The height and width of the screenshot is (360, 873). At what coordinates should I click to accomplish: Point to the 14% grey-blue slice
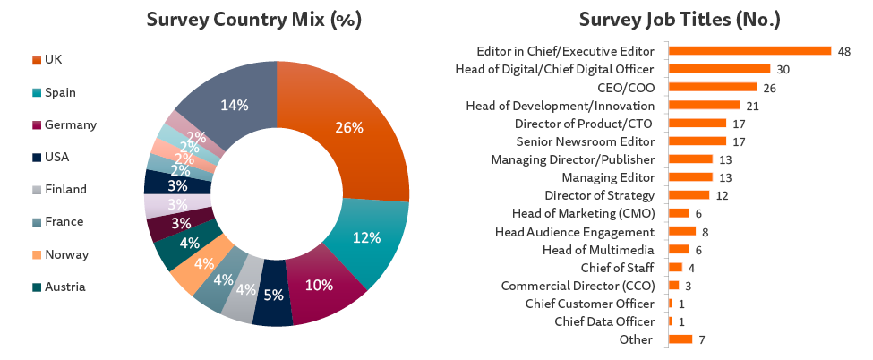235,105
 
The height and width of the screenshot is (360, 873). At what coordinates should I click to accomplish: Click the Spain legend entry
59,92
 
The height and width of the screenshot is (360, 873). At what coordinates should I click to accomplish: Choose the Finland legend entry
63,189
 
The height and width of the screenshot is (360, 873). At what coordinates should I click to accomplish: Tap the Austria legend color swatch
36,287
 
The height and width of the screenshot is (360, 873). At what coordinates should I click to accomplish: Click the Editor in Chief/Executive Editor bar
750,51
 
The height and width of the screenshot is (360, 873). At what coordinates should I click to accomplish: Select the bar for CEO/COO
713,87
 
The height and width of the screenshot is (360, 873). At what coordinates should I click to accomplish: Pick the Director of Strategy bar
689,195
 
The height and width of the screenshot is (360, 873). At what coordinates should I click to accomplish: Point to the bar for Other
680,339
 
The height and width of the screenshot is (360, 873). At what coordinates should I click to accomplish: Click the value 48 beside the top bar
843,51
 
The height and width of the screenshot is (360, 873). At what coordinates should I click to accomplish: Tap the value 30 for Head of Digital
783,69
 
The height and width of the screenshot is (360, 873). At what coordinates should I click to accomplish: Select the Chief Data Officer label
604,321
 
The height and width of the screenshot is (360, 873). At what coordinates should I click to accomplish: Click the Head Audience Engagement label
575,232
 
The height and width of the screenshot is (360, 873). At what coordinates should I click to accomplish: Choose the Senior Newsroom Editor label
586,141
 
